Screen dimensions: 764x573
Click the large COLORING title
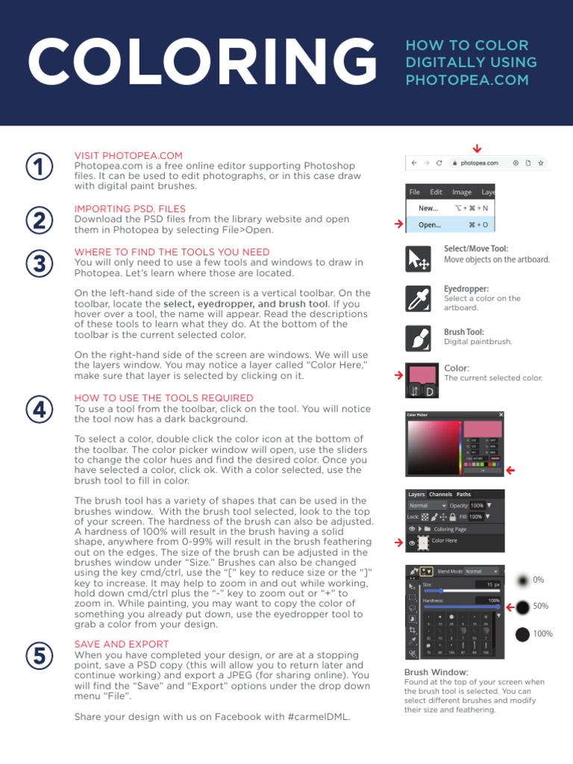(201, 63)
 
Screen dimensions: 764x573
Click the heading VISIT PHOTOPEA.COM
(128, 155)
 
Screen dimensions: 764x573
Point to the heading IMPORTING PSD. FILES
(130, 209)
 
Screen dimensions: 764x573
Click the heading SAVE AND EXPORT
(122, 644)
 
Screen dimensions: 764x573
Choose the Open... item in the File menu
(430, 225)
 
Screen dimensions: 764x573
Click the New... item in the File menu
(428, 209)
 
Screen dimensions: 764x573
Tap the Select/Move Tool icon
(417, 259)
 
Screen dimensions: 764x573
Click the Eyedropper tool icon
(417, 298)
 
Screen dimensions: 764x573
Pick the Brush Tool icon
(417, 338)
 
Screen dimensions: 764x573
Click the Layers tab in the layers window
(416, 494)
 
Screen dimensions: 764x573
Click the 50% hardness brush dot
(522, 607)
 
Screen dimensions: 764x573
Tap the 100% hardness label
(543, 634)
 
